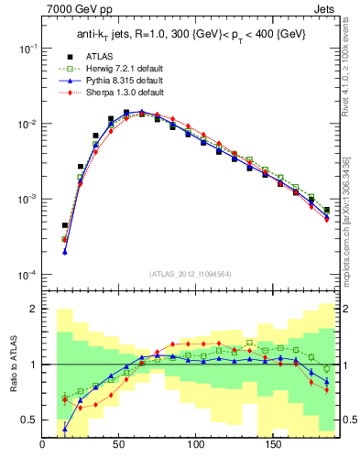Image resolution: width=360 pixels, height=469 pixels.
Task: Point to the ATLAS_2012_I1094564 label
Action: [x=191, y=273]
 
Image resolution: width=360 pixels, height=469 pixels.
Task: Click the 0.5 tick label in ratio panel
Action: [x=29, y=420]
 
